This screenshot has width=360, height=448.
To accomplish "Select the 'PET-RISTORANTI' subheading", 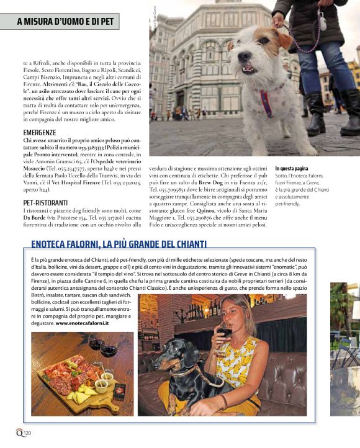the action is point(45,202).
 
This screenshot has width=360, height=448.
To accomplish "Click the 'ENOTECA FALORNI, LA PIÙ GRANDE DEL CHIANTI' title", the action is point(119,244).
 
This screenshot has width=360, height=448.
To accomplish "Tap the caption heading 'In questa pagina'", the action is point(292,168).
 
